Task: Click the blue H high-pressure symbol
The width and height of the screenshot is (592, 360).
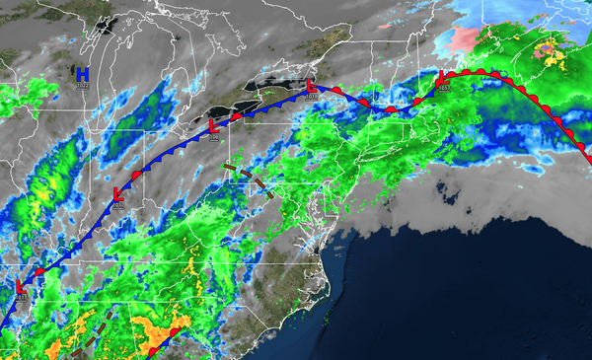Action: pos(83,74)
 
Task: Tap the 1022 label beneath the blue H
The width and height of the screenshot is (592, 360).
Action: pos(83,86)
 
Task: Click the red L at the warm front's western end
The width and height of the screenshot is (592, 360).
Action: pos(442,78)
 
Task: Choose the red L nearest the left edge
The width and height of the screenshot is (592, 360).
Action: pos(20,285)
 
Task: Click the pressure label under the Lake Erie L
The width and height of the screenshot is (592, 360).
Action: pos(215,138)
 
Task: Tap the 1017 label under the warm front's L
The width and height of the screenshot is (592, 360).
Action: pos(443,89)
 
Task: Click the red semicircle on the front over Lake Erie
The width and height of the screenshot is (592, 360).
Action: pos(237,116)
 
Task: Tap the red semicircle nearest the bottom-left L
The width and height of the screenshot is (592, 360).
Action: pos(39,270)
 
